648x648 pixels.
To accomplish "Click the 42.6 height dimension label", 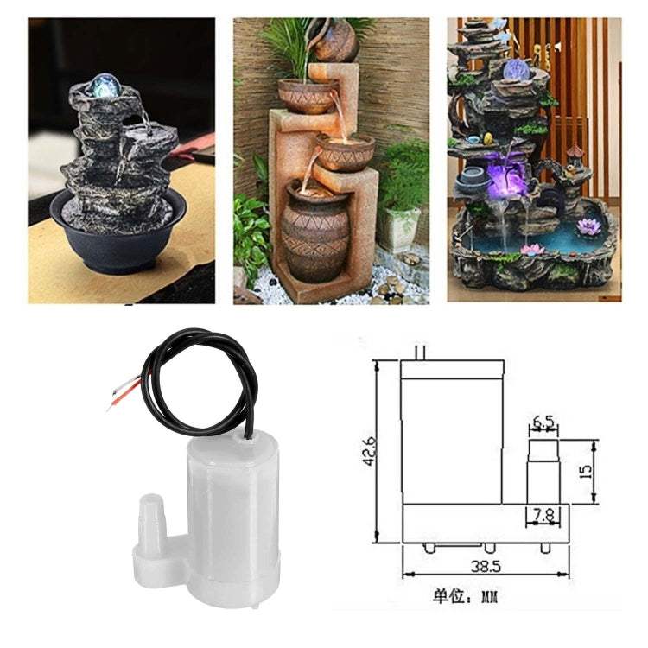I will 369,452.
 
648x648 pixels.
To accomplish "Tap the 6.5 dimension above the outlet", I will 543,422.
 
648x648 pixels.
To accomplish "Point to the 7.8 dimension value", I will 543,514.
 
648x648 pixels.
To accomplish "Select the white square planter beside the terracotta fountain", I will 397,228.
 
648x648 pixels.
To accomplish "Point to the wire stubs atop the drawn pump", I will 421,352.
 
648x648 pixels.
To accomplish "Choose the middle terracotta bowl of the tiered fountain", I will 344,153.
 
